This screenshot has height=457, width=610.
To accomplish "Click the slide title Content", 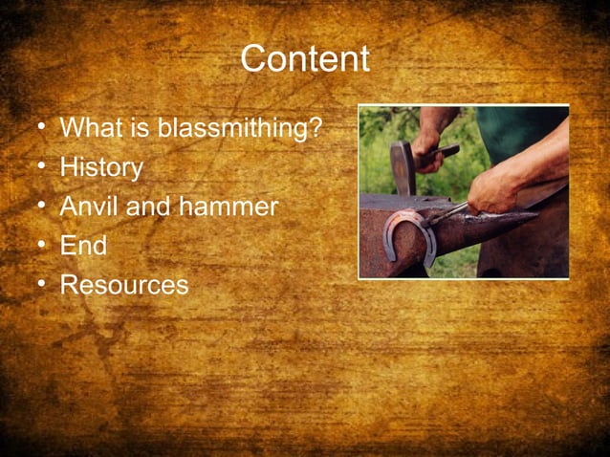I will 304,59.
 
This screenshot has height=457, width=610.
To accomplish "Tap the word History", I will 101,168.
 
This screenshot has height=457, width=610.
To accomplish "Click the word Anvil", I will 88,207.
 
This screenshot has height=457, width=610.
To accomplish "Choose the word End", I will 83,246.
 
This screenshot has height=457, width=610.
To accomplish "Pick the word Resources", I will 124,285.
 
